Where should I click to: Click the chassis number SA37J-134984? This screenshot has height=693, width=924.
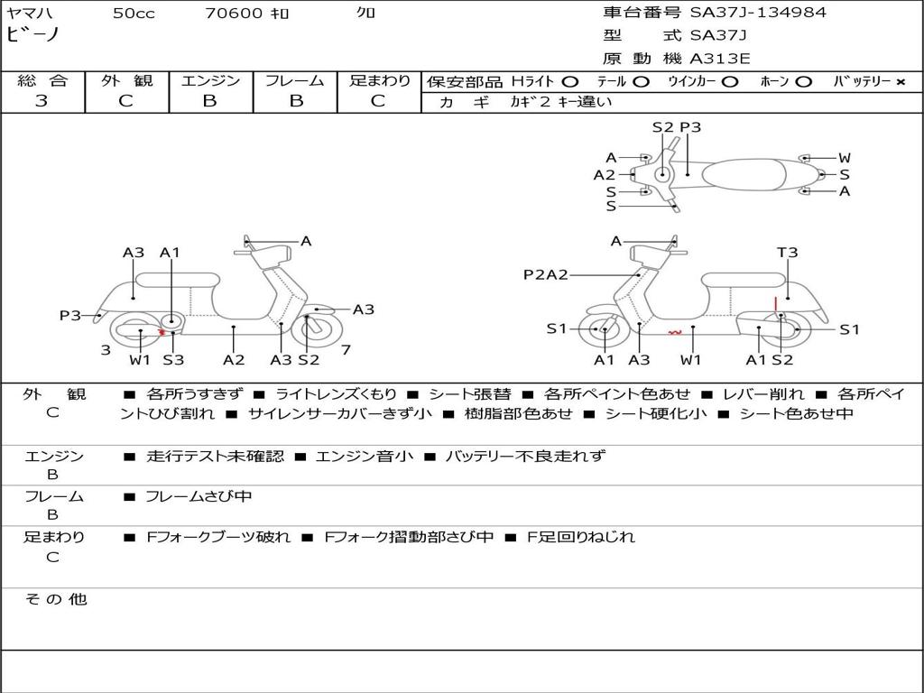click(758, 13)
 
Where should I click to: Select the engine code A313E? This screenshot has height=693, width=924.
click(719, 60)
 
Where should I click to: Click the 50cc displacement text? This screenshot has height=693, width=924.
click(134, 14)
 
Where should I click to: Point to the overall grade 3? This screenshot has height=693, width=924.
click(42, 101)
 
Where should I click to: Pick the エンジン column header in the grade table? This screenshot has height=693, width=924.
click(210, 80)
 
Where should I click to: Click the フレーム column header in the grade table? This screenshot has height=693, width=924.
click(295, 80)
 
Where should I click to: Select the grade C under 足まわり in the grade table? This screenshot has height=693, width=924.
click(378, 101)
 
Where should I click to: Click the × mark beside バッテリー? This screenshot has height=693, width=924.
click(900, 81)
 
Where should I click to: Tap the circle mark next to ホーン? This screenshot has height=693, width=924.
click(803, 81)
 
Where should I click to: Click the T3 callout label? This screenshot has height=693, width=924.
click(787, 253)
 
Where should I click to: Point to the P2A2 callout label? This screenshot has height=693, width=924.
click(545, 274)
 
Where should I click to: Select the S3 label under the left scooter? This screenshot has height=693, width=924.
click(173, 360)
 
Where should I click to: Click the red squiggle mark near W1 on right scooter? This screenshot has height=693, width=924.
click(674, 332)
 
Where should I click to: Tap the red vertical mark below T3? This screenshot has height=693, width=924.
click(775, 302)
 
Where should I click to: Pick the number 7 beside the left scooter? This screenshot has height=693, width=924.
click(346, 349)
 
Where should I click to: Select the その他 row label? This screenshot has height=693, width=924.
click(55, 599)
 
